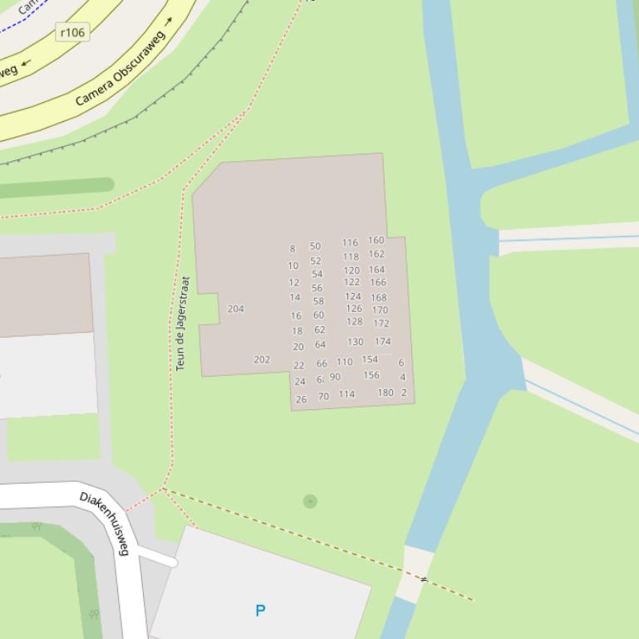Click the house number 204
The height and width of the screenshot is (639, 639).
pos(236,309)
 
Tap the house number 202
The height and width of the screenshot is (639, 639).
pos(262,360)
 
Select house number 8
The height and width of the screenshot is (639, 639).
pos(292,249)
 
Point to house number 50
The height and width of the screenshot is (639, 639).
pos(315,246)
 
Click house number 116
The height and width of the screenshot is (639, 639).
pos(350,243)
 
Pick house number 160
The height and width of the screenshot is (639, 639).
pos(376,241)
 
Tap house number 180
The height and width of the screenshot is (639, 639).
pos(386,393)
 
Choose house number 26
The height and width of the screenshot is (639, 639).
pos(301,399)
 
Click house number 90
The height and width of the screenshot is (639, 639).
pos(335,377)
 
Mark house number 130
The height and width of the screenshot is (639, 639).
pos(356,342)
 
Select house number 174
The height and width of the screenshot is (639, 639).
pos(382,341)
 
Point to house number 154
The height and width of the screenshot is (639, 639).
pos(370,359)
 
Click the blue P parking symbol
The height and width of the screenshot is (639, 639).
pos(260,611)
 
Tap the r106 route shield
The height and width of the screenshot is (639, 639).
pos(72,32)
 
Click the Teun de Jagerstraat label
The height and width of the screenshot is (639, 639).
pos(183,324)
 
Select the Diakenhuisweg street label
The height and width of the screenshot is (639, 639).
pos(106,523)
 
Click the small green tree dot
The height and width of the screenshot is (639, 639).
pos(310,501)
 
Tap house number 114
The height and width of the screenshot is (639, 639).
pos(347,394)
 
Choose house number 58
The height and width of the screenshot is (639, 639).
pos(318,301)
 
